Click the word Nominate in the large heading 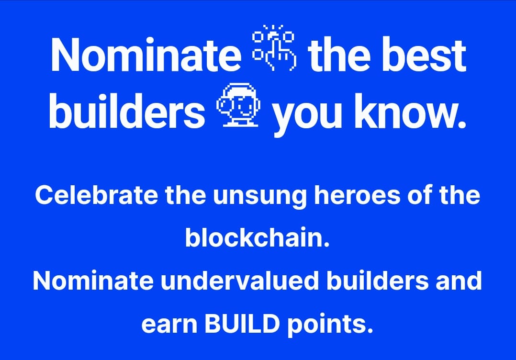point(146,55)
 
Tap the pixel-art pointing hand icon point(274,47)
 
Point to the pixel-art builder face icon point(238,106)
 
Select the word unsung point(259,197)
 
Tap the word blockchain point(258,237)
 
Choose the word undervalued point(240,281)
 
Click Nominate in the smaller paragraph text point(93,281)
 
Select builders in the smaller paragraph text point(378,281)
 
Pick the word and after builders point(459,281)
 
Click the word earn point(169,324)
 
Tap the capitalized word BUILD point(242,324)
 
